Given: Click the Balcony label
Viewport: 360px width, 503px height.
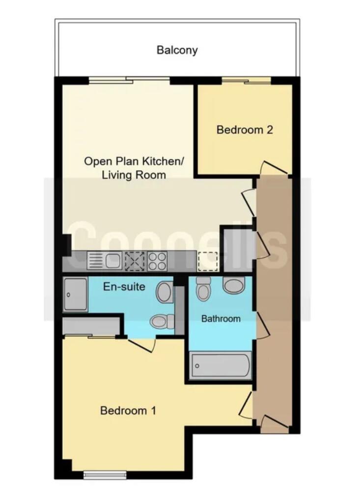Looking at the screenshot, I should point(177,50).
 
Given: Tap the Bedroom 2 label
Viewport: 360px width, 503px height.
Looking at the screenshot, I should point(245,130).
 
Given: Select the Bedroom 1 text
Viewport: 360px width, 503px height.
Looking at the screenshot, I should point(128,411).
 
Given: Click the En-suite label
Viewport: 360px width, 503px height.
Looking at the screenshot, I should point(124,286).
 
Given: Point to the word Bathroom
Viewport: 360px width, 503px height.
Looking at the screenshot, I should point(221,319).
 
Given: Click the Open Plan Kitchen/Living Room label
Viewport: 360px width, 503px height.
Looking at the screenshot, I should point(133,168).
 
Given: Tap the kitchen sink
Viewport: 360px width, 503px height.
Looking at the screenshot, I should point(104,260).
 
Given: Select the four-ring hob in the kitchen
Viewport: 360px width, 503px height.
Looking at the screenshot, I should point(157,260).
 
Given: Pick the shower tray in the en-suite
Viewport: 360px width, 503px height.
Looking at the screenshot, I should point(75,294).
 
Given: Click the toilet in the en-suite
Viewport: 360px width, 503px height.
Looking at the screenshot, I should point(162,322).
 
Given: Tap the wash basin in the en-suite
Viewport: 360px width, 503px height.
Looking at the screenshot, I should point(165,292).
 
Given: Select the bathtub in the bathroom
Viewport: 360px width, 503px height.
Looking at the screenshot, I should point(221,365).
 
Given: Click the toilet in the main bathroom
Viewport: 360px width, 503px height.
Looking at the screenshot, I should point(203,289).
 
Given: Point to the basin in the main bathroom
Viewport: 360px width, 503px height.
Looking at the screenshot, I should point(233,285).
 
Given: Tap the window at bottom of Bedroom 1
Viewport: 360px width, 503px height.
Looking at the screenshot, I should point(105,475).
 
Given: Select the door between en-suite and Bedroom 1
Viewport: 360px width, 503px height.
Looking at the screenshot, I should point(142,344).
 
